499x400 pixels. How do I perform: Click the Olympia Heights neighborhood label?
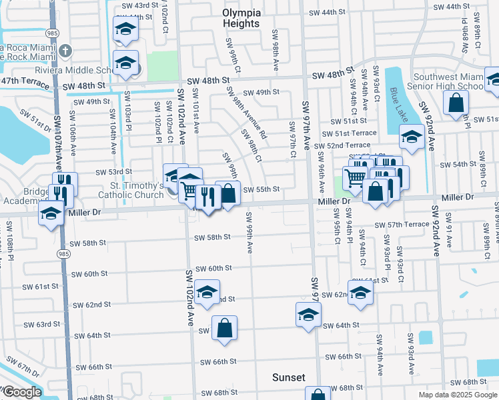point(241,18)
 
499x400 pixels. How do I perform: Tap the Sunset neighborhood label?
point(288,377)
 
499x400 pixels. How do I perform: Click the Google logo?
point(21,392)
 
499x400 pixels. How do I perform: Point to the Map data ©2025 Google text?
point(458,395)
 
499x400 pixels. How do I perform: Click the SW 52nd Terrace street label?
point(341,145)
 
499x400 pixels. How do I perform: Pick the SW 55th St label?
point(260,189)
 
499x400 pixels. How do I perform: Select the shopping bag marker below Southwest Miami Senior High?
point(456,103)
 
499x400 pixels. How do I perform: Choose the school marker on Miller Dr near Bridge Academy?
point(50,214)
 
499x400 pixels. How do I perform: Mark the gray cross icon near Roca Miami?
point(65,51)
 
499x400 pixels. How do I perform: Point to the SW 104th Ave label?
point(111,130)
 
